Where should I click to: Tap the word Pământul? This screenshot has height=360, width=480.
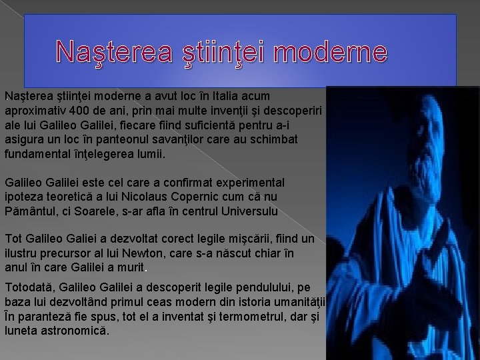pyautogui.click(x=29, y=211)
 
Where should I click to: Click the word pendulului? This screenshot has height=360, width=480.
pyautogui.click(x=243, y=287)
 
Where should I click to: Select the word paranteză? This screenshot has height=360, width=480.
pyautogui.click(x=45, y=316)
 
